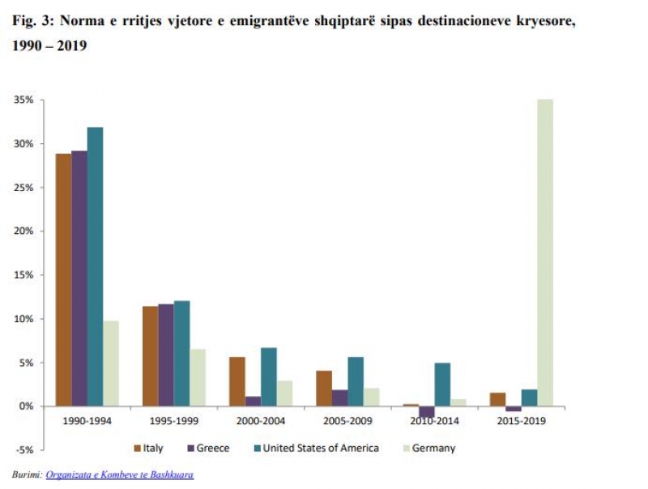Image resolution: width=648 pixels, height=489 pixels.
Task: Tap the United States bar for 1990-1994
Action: point(95,266)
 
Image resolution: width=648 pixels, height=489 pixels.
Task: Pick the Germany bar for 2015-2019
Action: point(544,253)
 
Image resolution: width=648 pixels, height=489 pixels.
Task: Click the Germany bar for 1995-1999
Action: point(198,377)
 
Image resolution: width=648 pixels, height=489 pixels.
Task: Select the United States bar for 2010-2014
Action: point(441,384)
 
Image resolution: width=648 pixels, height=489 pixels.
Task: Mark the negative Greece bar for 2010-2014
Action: point(426,411)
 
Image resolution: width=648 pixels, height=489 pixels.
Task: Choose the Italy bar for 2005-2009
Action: point(324,388)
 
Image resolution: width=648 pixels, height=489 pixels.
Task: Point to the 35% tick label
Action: point(23,100)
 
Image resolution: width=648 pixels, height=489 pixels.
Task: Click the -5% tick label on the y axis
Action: point(23,450)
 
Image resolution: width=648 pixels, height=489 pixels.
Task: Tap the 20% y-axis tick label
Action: point(23,231)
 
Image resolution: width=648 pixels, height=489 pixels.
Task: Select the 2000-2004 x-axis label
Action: point(261,423)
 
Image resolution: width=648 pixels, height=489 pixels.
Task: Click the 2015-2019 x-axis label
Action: point(522,423)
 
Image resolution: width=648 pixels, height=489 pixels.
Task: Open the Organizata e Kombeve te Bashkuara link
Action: point(120,474)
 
